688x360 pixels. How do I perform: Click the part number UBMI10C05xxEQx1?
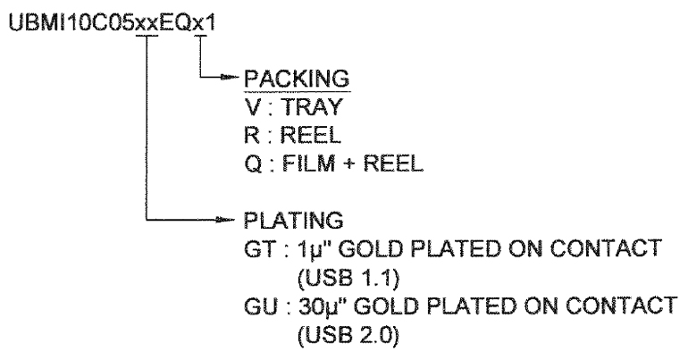coord(113,23)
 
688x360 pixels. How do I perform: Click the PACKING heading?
coord(297,79)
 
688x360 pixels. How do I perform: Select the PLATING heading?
coord(294,220)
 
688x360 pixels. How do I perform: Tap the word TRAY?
coord(311,107)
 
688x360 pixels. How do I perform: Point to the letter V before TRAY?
coord(253,107)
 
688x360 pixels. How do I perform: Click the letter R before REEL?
coord(252,135)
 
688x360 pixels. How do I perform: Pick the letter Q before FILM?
coord(253,163)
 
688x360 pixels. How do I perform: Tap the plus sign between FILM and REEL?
coord(348,164)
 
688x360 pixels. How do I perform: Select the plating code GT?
coord(260,249)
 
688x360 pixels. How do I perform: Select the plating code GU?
coord(261,306)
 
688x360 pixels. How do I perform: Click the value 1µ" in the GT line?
coord(315,249)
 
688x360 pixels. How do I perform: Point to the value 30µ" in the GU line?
coord(322,306)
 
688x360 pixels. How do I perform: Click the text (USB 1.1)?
coord(348,278)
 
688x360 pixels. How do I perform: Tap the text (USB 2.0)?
coord(348,335)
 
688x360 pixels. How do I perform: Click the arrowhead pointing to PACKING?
coord(227,78)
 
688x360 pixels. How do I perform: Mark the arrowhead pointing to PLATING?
coord(227,219)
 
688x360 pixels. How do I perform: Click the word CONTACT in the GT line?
coord(606,248)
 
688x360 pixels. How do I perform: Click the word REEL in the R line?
coord(310,135)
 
